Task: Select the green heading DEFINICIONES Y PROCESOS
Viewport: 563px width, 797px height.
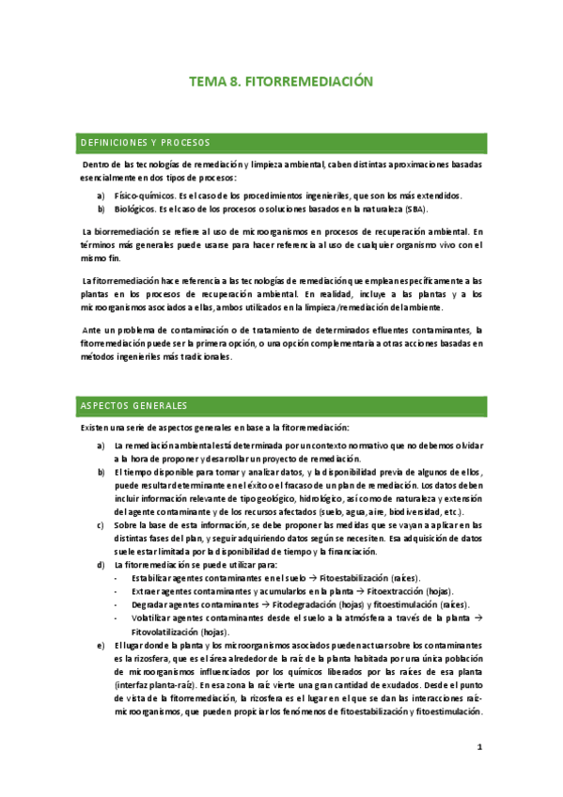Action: pos(145,143)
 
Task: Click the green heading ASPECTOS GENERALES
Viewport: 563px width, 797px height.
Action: pos(133,406)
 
